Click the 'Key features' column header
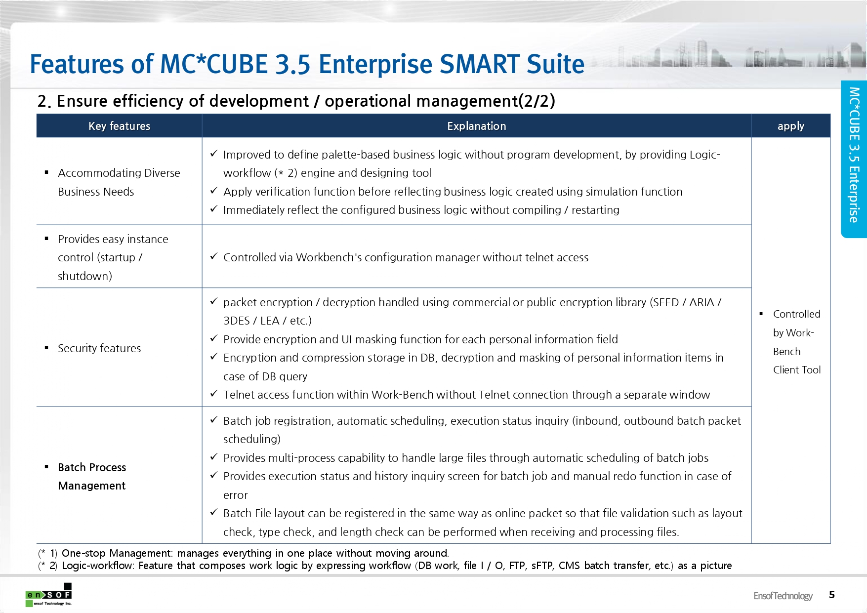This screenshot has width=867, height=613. pyautogui.click(x=119, y=126)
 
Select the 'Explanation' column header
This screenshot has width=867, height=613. pyautogui.click(x=476, y=126)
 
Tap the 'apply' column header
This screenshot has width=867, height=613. pyautogui.click(x=790, y=126)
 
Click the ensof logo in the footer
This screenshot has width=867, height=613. pyautogui.click(x=49, y=595)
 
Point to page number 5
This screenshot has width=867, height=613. pyautogui.click(x=832, y=595)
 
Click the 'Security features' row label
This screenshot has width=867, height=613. pyautogui.click(x=99, y=348)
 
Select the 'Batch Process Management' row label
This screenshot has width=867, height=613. pyautogui.click(x=92, y=476)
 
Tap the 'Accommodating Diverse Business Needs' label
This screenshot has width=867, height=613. pyautogui.click(x=119, y=182)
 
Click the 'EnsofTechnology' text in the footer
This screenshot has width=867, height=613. pyautogui.click(x=783, y=596)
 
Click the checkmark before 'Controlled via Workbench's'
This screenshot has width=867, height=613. pyautogui.click(x=214, y=256)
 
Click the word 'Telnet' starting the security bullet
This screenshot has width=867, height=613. pyautogui.click(x=239, y=395)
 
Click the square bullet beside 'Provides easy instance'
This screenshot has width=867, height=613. pyautogui.click(x=46, y=239)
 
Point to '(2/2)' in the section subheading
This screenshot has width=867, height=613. pyautogui.click(x=537, y=101)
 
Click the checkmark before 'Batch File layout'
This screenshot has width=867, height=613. pyautogui.click(x=214, y=512)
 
